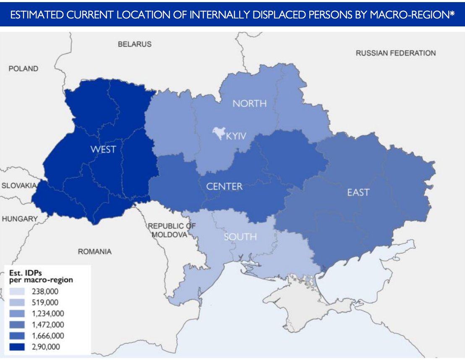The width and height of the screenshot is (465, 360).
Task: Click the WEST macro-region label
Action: coord(103,149)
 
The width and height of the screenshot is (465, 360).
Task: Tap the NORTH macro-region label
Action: coord(249,103)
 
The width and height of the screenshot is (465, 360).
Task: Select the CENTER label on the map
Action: coord(224,186)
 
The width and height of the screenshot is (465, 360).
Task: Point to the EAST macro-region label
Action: coord(358,192)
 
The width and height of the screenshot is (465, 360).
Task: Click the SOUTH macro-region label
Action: coord(240,237)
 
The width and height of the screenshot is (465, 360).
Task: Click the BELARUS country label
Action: coord(134,44)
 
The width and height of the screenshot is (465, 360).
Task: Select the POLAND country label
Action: coord(23,68)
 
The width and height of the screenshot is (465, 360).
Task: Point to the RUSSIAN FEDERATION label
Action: coord(395,53)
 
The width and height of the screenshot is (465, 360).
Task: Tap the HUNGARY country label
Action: coord(19,219)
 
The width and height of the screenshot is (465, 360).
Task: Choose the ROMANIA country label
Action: coord(95,251)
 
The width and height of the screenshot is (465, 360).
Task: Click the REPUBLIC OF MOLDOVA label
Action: coord(171,230)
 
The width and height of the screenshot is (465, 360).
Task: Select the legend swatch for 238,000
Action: coord(16,291)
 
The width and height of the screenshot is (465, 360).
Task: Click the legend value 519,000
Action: coord(45,303)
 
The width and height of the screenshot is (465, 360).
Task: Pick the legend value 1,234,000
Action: coord(48,313)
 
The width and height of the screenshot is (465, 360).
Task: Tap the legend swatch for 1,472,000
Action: coord(16,324)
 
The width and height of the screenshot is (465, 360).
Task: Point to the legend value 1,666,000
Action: coord(48,336)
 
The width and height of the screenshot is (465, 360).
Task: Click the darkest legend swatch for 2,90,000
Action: coord(16,347)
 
